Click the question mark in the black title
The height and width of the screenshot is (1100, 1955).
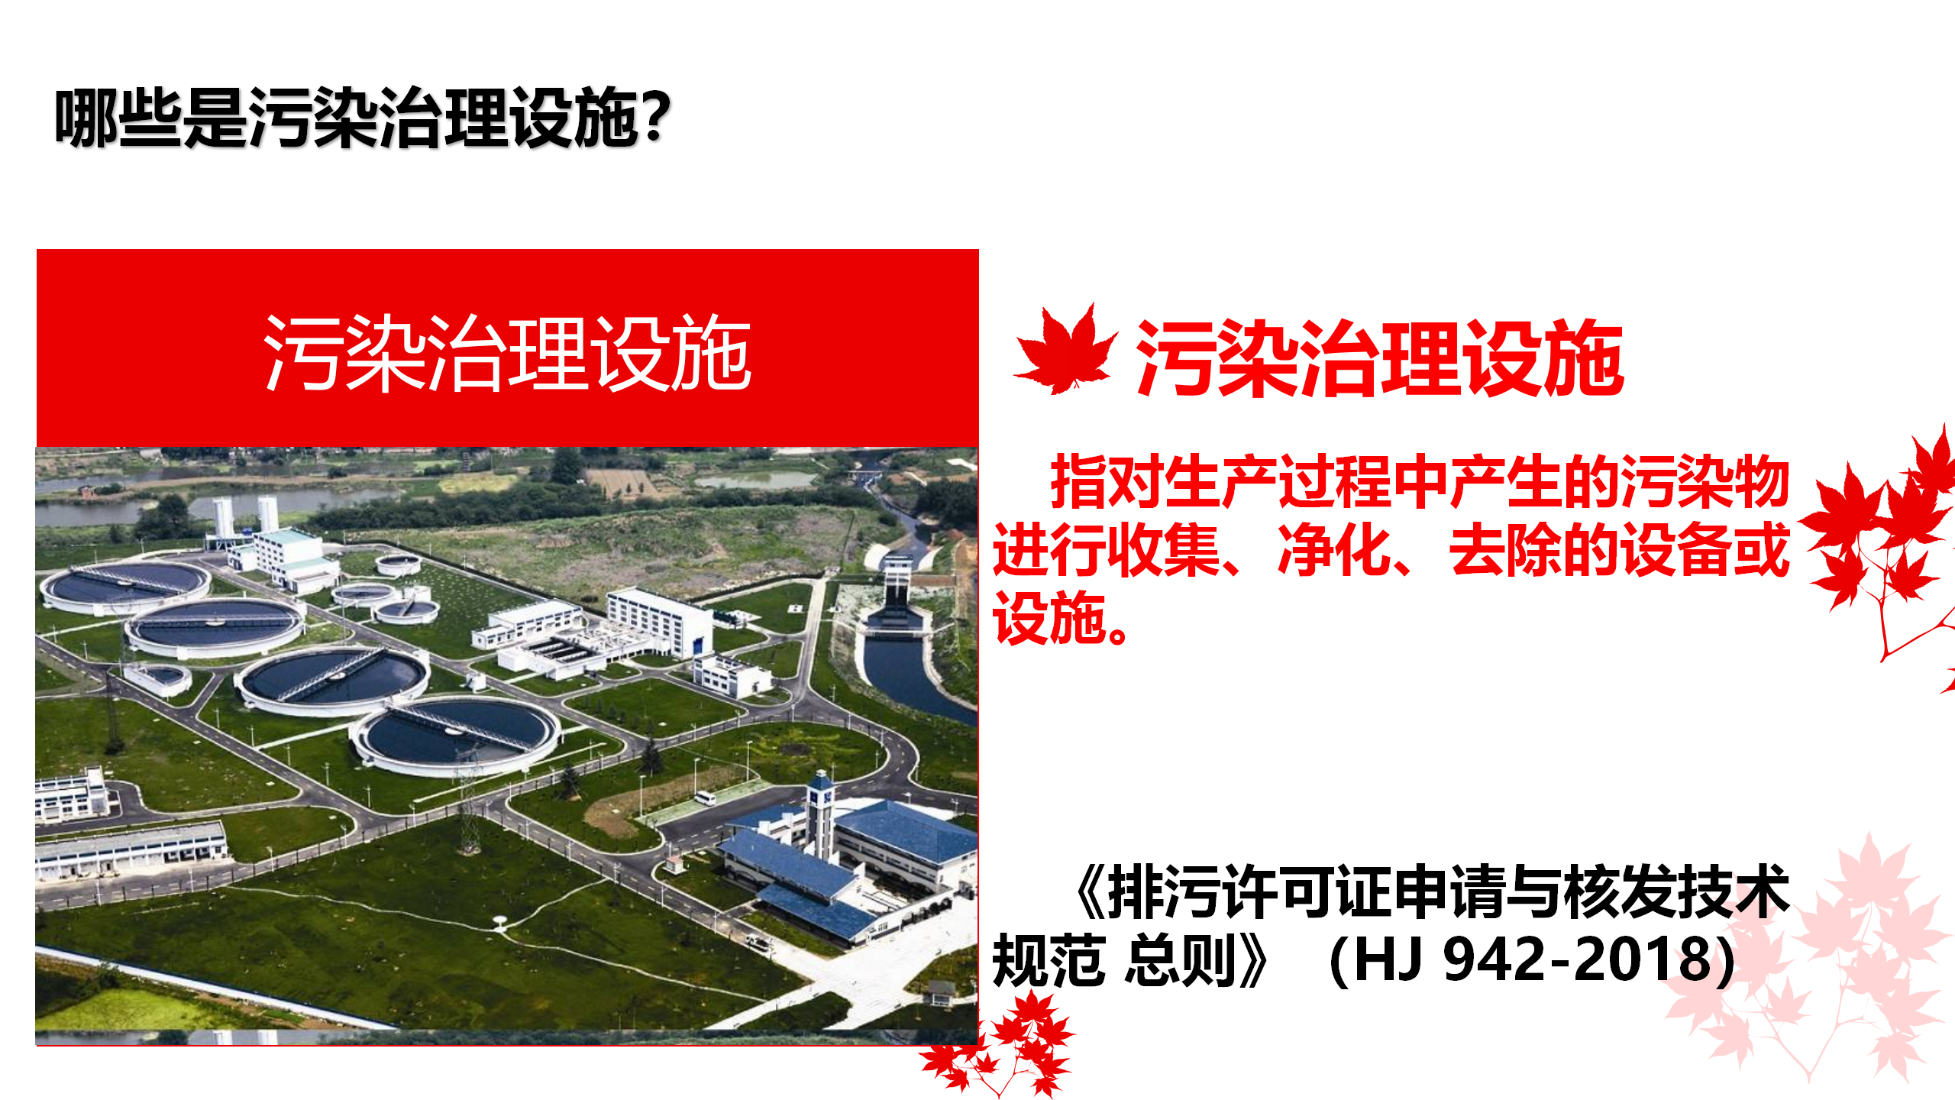655,117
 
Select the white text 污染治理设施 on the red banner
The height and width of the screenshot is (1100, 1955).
507,353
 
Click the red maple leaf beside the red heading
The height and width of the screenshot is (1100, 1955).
1065,351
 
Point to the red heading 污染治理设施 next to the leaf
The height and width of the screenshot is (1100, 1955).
1380,357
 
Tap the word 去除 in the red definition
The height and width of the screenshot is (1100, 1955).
1505,551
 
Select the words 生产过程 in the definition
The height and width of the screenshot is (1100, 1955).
1278,482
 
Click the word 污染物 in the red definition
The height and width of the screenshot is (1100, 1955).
1705,482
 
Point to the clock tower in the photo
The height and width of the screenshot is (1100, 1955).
820,814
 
